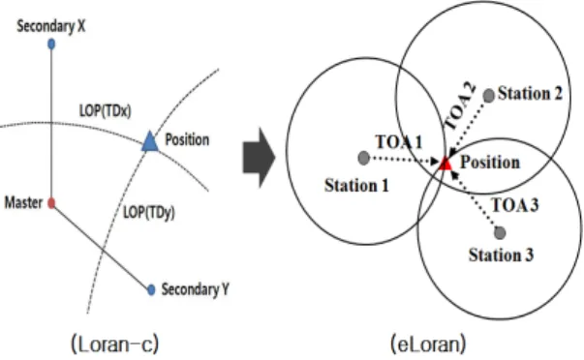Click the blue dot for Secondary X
[51, 45]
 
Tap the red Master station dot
[51, 203]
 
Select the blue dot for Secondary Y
[151, 289]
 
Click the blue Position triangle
[150, 140]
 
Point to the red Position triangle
[446, 164]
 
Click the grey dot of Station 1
[363, 158]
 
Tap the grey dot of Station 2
[489, 96]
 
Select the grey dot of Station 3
[500, 233]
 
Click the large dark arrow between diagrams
[259, 158]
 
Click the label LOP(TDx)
[106, 111]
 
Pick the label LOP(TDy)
[149, 213]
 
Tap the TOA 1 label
[399, 142]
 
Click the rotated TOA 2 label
[460, 106]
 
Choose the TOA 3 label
[515, 205]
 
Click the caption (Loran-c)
[115, 344]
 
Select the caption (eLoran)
[428, 344]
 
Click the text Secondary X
[51, 26]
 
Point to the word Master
[23, 203]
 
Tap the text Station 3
[501, 255]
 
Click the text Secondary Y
[196, 289]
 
